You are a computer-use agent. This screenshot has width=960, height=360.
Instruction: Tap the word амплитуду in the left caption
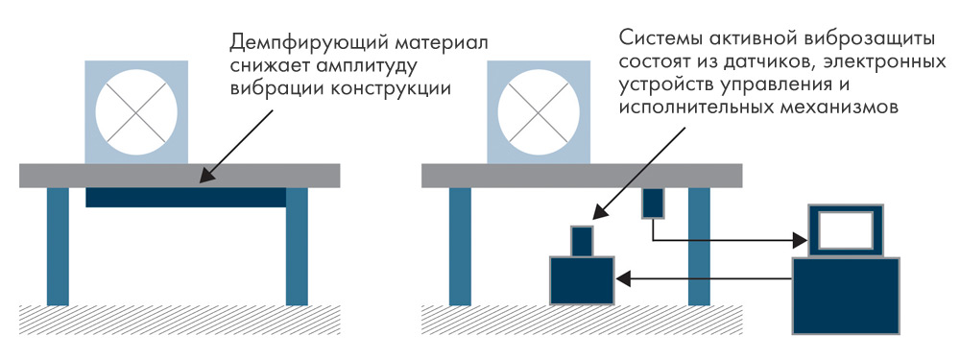pos(356,66)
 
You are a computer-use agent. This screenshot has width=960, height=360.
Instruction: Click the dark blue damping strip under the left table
pos(186,197)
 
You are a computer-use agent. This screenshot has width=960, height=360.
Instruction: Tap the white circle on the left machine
pos(136,113)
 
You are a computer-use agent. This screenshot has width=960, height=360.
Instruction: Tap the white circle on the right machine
pos(539,113)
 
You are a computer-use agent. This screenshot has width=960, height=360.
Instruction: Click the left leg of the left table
pos(59,246)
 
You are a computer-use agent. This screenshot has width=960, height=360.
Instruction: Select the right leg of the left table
pos(297,246)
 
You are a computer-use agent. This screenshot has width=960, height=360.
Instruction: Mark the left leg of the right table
pos(461,246)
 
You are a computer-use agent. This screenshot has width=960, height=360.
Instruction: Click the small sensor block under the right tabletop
pos(653,204)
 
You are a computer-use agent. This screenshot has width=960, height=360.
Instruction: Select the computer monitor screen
pos(846,230)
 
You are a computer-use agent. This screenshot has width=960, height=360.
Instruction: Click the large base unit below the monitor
pos(846,296)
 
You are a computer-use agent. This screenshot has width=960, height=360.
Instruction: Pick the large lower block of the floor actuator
pos(582,280)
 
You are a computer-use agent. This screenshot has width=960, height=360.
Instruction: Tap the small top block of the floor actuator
pos(583,241)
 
